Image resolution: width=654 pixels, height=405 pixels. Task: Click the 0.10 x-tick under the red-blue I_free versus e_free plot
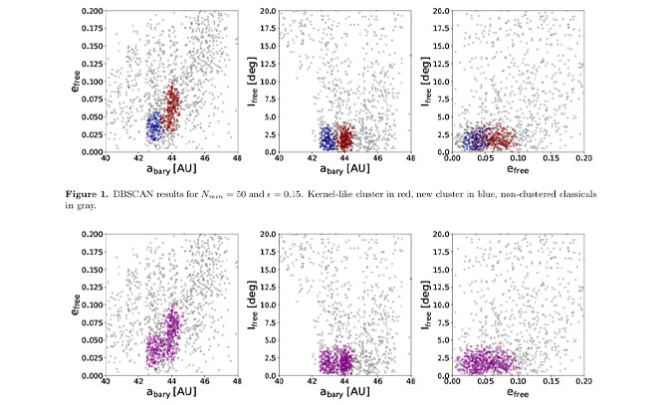click(x=516, y=160)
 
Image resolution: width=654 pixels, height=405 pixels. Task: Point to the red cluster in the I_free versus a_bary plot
click(x=345, y=138)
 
